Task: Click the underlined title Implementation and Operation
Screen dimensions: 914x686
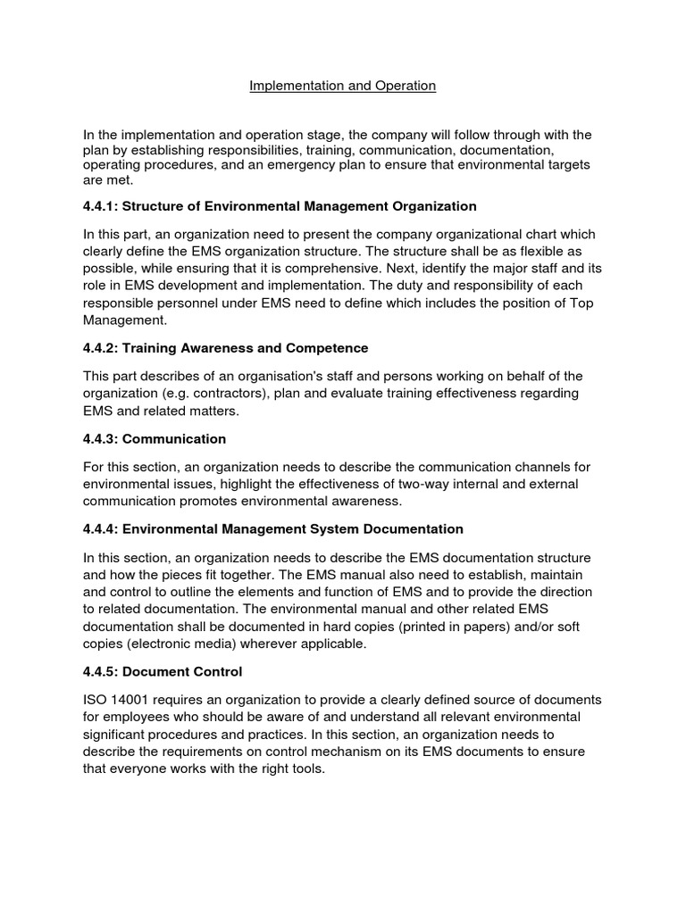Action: (342, 86)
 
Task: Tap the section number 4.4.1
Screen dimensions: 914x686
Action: (98, 206)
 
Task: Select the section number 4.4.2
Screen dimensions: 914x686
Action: (98, 347)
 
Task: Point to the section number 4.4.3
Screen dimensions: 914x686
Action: (98, 439)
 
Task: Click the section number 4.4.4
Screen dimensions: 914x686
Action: (98, 529)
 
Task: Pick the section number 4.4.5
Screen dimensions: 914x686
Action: (98, 670)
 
